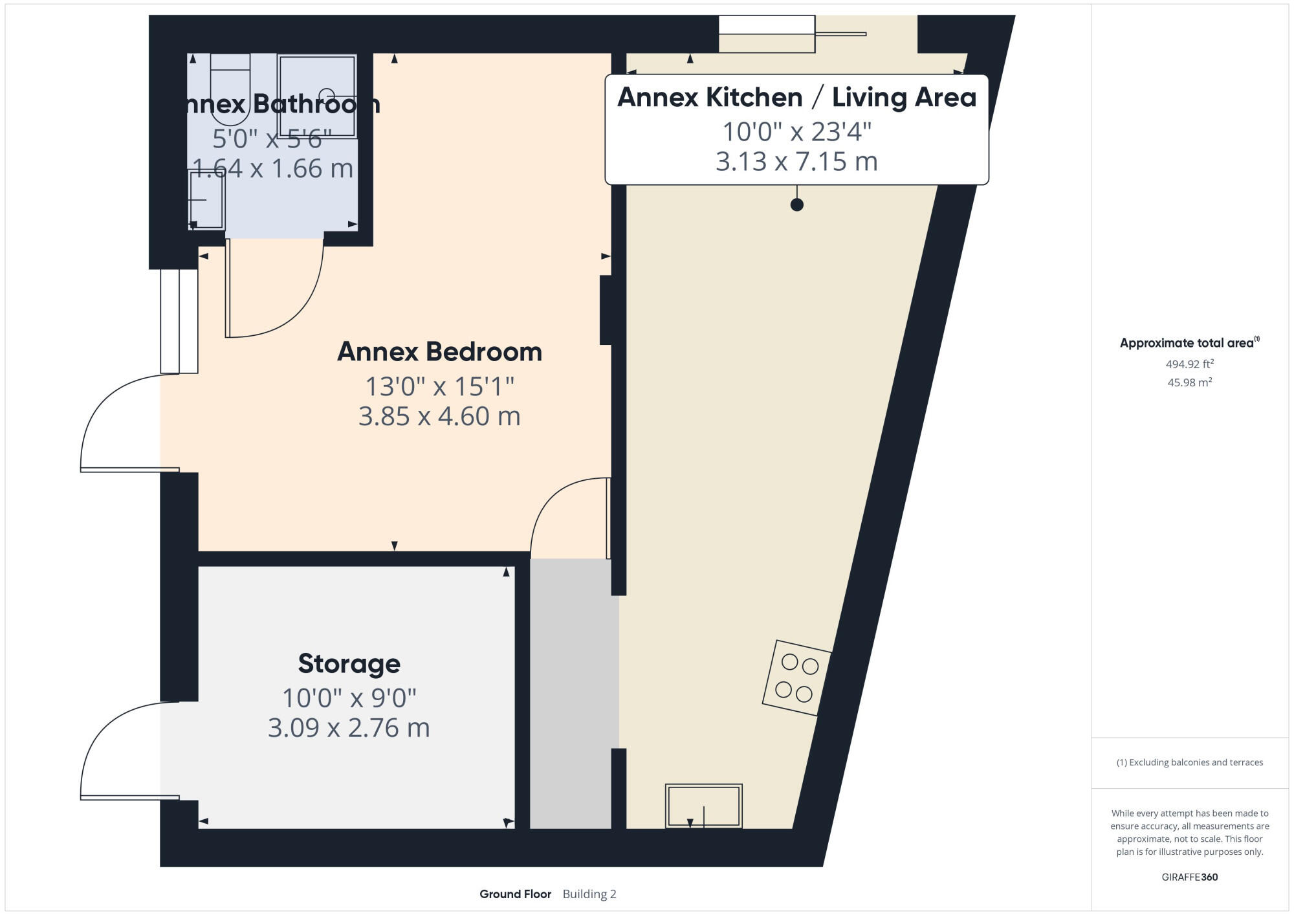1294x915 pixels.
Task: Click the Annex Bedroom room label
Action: pos(439,352)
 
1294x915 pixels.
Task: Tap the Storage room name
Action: pos(349,664)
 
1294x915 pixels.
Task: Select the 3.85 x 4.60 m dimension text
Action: pos(439,416)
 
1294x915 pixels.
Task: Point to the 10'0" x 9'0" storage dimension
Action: pos(349,698)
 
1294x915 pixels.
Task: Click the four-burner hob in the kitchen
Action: pos(796,678)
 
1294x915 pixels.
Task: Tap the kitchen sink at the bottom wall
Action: pos(703,806)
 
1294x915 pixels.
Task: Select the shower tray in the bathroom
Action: pos(317,95)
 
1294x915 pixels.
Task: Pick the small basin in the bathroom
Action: pos(206,200)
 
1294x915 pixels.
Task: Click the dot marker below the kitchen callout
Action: pos(797,204)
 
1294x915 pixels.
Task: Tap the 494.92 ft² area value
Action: pos(1189,364)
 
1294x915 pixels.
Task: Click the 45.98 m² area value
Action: pos(1189,382)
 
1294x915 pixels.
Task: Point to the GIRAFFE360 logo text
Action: pos(1189,877)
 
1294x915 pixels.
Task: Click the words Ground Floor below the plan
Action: pos(515,894)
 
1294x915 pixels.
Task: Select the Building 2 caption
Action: pos(589,894)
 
